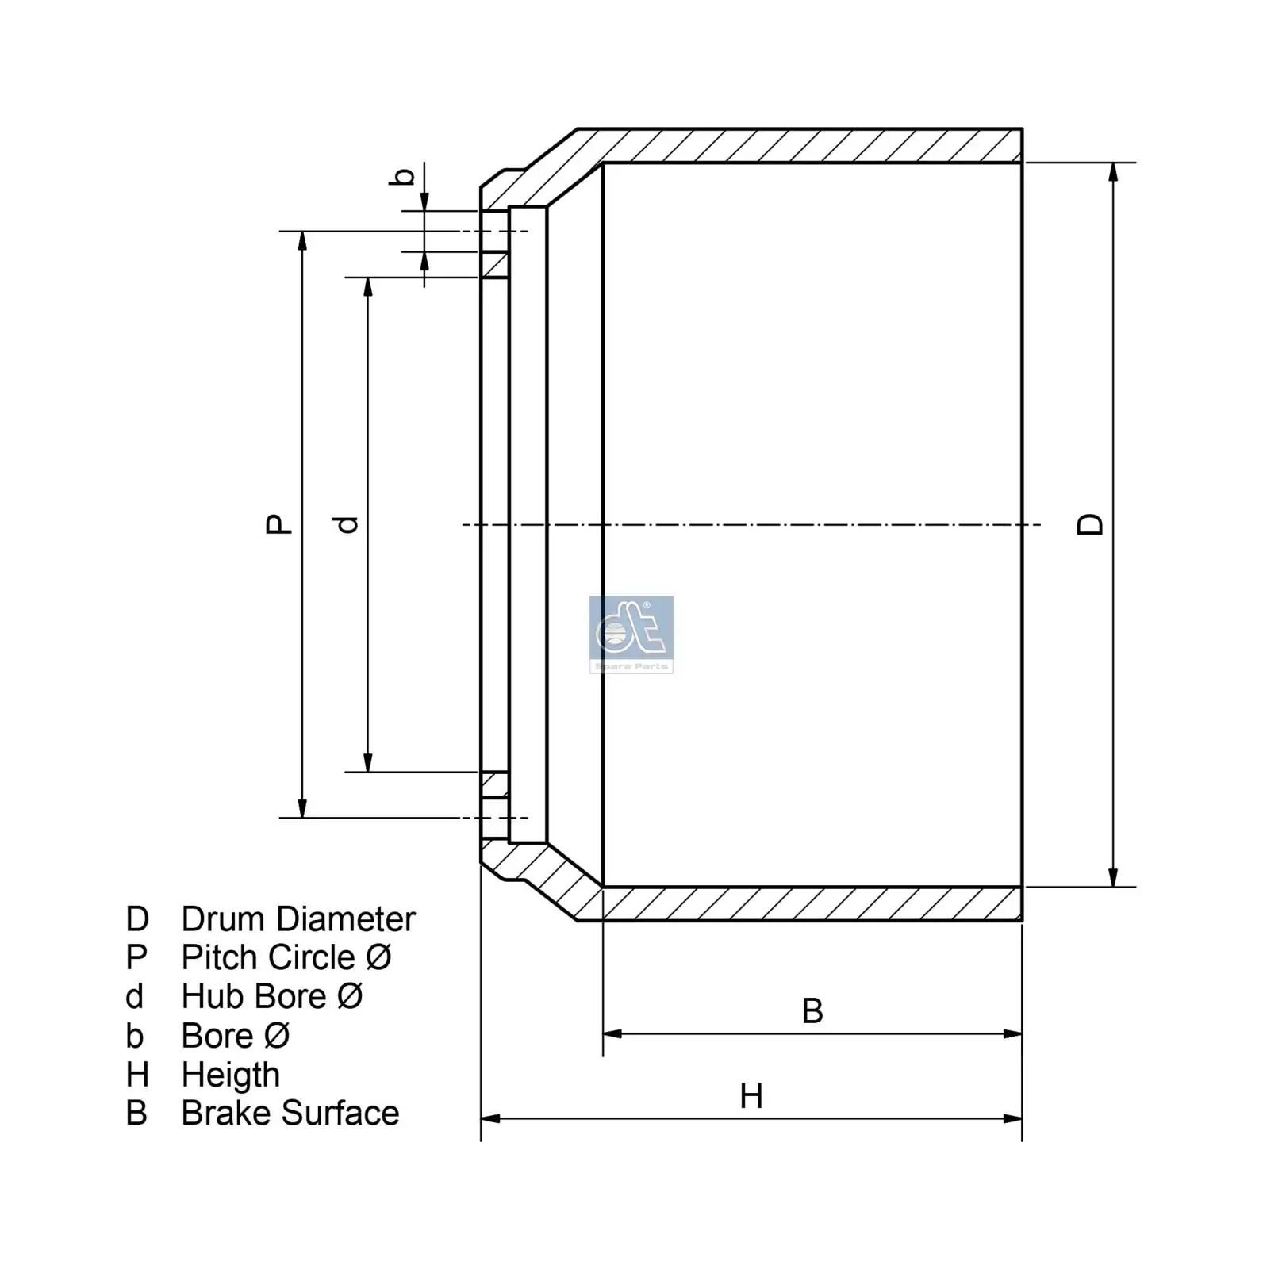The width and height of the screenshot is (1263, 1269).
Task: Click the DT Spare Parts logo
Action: pyautogui.click(x=631, y=634)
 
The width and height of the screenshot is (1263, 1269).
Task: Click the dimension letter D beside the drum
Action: pyautogui.click(x=1090, y=524)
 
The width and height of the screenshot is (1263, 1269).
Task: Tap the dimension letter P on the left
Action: pyautogui.click(x=278, y=523)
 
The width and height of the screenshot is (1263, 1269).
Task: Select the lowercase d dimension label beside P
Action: pyautogui.click(x=347, y=524)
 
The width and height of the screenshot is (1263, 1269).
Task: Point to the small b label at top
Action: pyautogui.click(x=404, y=176)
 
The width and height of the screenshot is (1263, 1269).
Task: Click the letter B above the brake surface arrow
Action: pyautogui.click(x=812, y=1011)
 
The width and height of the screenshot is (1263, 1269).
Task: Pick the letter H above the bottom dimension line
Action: pyautogui.click(x=751, y=1097)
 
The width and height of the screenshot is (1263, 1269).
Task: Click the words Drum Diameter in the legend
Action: pyautogui.click(x=298, y=919)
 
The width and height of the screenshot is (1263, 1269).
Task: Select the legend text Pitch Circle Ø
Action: pyautogui.click(x=286, y=957)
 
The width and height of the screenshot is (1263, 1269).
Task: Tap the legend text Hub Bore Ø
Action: pyautogui.click(x=271, y=996)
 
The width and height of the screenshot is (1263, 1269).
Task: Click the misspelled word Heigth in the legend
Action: pyautogui.click(x=230, y=1075)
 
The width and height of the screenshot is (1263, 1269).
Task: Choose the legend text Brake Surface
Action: pyautogui.click(x=290, y=1113)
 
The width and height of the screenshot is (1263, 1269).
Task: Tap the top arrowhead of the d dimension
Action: pyautogui.click(x=368, y=286)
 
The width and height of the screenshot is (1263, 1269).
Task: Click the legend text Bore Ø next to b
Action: pyautogui.click(x=235, y=1036)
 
